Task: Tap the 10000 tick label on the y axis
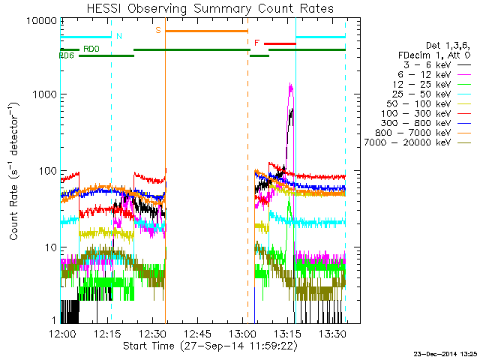(x=43, y=20)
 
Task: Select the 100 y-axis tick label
(x=49, y=171)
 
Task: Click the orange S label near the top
(x=158, y=30)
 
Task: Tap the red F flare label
(x=257, y=43)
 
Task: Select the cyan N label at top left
(x=118, y=36)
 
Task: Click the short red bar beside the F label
(x=280, y=44)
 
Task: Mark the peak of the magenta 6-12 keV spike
(x=290, y=84)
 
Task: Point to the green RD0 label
(x=91, y=49)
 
